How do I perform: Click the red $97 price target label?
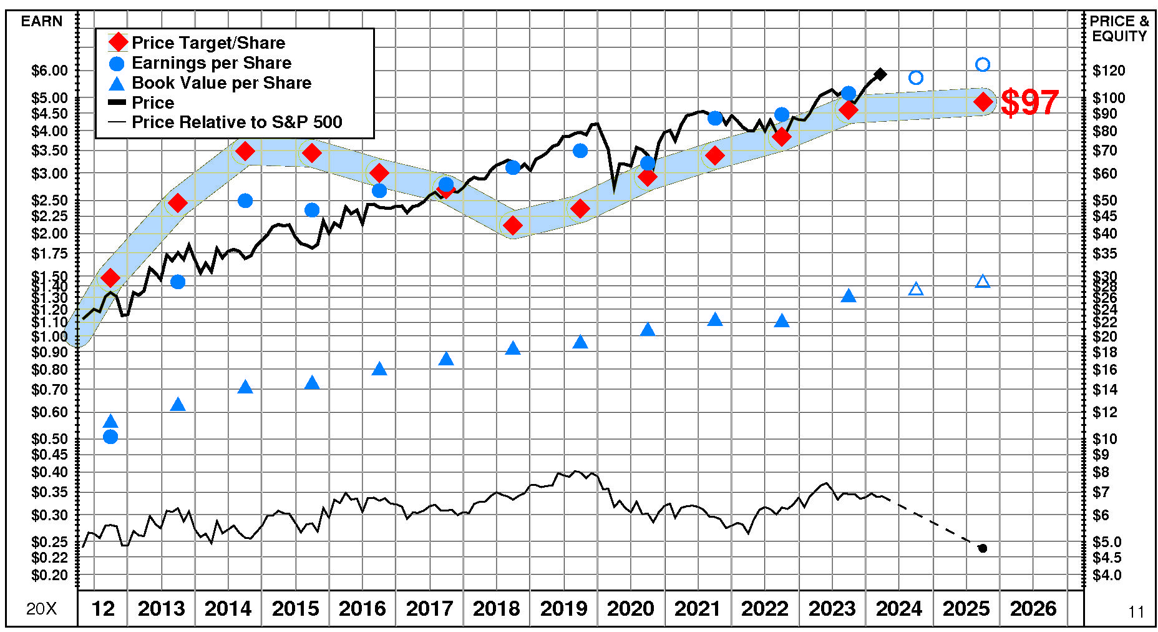1029,102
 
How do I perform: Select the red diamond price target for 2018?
513,225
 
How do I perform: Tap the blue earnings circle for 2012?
110,437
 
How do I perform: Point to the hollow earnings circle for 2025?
983,64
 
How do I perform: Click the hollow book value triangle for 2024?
915,289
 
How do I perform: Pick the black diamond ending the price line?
880,74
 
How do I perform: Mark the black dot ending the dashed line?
983,548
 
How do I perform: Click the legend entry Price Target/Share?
208,42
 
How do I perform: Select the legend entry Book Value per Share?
221,82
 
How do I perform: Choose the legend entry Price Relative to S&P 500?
236,122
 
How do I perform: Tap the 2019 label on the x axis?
563,608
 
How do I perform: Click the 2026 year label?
1033,608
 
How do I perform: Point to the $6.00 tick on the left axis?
49,71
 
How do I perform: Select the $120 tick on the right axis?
1109,71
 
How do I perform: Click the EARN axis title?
42,21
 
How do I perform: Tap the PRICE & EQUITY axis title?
1119,29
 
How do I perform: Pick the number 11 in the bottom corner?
1136,612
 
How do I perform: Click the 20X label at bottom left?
41,609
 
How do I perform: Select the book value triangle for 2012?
110,422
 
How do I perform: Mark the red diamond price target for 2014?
245,151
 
